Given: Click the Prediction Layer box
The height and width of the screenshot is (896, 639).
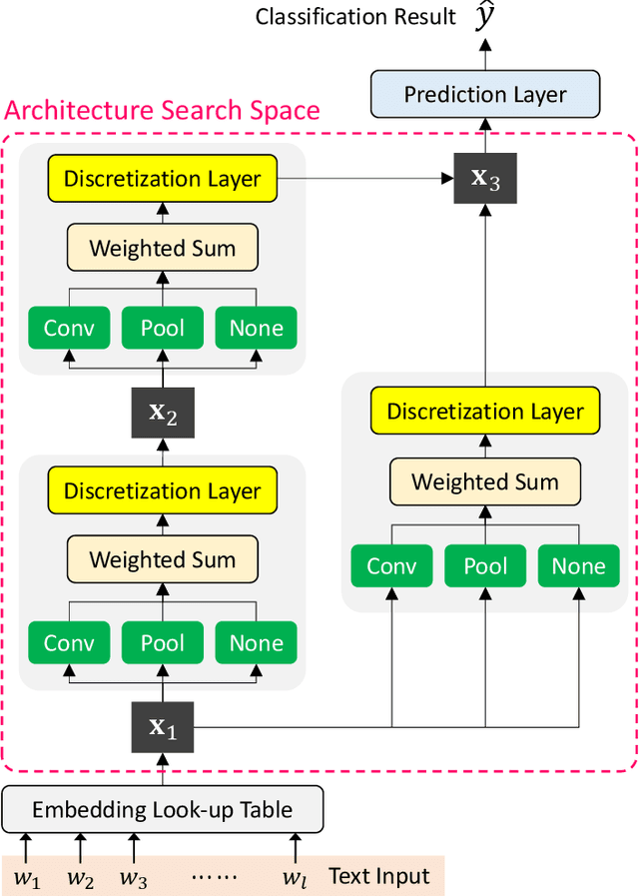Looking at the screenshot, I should [485, 95].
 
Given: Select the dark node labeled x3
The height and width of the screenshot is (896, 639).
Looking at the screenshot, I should [485, 179].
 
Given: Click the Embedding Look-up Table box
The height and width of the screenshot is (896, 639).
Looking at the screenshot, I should [162, 809].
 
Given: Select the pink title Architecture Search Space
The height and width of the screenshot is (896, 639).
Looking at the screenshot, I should [162, 110].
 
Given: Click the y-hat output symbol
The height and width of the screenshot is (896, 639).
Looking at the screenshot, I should [484, 17].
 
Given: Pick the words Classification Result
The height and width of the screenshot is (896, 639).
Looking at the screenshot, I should [354, 16].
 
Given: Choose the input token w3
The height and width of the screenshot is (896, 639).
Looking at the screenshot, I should [133, 877].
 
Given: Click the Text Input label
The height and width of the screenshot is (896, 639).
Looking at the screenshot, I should [379, 876].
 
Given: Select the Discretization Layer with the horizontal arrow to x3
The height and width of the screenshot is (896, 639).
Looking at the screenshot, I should [162, 179].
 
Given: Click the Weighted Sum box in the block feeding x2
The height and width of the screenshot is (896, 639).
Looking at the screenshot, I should [162, 559].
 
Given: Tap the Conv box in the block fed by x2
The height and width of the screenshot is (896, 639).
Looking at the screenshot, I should [69, 329].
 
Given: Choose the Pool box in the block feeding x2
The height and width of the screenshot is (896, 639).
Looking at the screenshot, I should [162, 642].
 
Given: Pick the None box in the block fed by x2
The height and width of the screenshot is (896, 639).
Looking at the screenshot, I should [256, 329].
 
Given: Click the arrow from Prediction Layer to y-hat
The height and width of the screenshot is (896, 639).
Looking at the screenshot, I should [485, 54].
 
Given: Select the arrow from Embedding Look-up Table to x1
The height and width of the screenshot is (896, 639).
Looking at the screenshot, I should [162, 768].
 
